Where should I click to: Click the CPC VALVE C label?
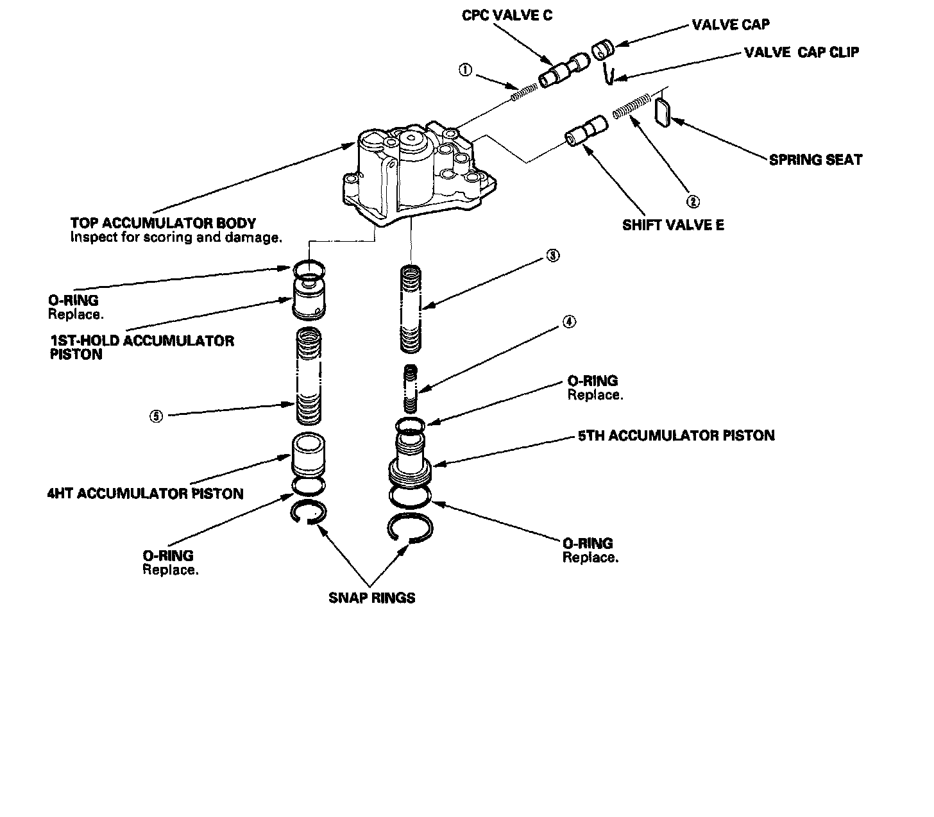point(507,15)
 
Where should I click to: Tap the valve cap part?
point(602,49)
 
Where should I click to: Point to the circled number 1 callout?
point(466,70)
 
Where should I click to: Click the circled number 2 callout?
point(693,201)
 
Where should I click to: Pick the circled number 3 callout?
point(552,255)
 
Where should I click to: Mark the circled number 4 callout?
point(569,322)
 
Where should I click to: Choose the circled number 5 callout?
point(157,416)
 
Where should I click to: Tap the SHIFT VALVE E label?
point(673,225)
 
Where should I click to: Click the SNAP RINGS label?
point(371,598)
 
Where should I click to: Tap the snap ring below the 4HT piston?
point(309,513)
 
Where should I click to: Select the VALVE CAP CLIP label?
point(801,53)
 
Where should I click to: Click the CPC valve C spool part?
point(563,70)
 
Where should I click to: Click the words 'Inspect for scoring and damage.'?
point(176,237)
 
